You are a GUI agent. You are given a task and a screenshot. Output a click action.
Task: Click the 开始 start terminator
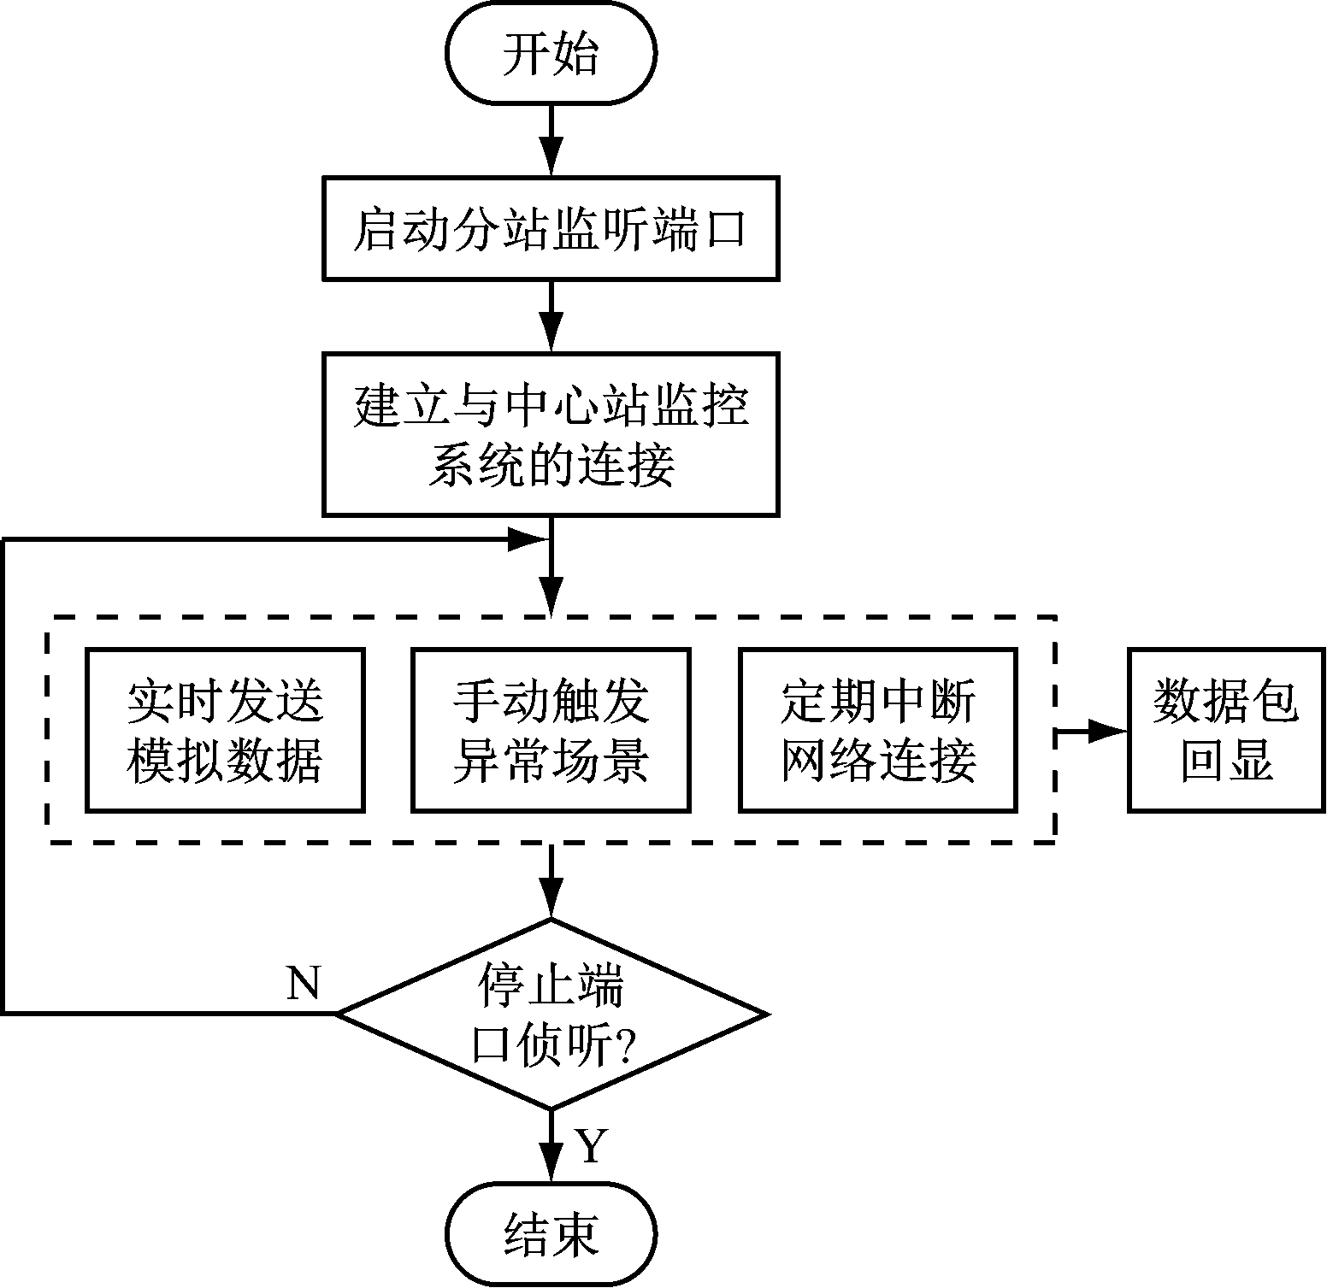(x=551, y=54)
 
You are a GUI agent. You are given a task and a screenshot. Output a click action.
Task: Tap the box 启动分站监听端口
(x=551, y=228)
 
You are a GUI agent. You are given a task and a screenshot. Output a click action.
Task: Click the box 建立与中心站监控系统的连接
(x=551, y=434)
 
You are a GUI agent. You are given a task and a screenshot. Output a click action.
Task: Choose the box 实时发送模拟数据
(x=226, y=730)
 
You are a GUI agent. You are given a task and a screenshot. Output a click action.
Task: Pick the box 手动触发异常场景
(x=551, y=730)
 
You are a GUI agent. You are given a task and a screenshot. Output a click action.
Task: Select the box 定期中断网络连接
(x=878, y=730)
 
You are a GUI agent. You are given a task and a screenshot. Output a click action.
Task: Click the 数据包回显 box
(x=1226, y=730)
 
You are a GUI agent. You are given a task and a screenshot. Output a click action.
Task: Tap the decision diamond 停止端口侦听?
(x=551, y=1015)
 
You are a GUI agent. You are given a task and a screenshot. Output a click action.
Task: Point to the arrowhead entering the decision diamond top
(x=551, y=900)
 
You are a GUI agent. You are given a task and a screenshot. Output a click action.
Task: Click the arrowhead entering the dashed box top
(x=551, y=596)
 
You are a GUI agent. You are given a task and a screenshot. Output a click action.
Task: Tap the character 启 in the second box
(x=375, y=229)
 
